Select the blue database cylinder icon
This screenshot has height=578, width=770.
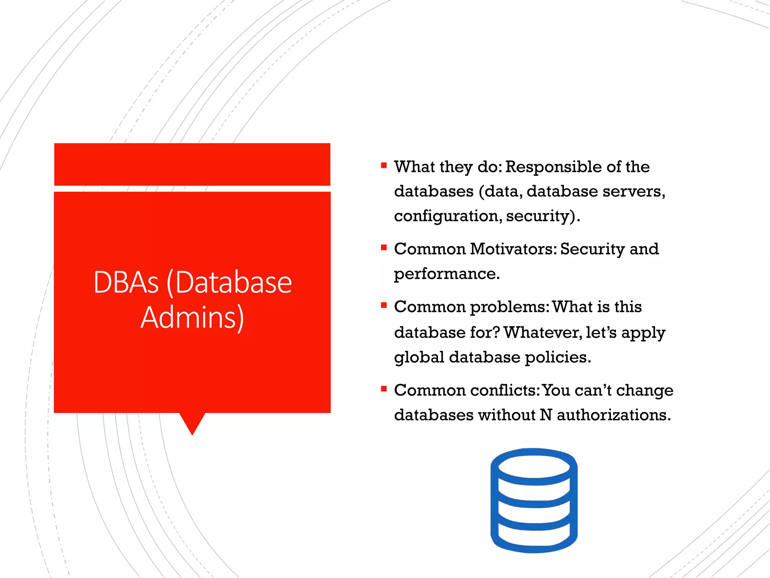(x=534, y=500)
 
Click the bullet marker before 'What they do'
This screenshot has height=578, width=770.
(x=383, y=165)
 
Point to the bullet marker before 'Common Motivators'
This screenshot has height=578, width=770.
(x=383, y=247)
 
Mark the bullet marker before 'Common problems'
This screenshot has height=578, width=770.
(x=383, y=305)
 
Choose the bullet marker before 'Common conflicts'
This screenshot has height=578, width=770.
(x=383, y=389)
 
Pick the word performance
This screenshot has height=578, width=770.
(x=446, y=274)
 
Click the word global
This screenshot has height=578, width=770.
(x=419, y=357)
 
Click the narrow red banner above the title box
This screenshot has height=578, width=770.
(x=192, y=164)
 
